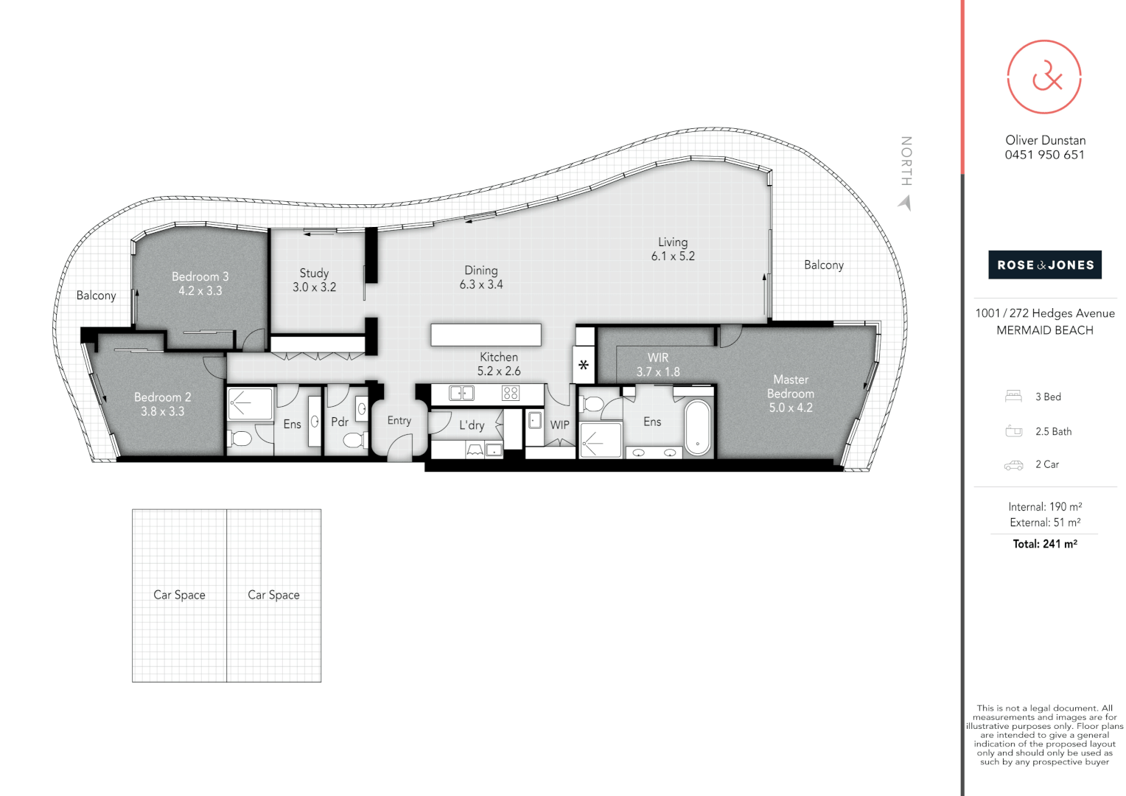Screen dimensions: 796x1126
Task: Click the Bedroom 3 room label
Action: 200,277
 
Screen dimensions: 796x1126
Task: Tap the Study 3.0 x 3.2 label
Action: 314,280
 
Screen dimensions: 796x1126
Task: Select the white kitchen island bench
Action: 486,335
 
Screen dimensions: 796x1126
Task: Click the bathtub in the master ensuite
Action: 697,427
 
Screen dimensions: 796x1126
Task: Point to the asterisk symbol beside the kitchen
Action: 584,365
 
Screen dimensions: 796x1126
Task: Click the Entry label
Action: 399,421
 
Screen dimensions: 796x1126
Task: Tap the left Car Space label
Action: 179,595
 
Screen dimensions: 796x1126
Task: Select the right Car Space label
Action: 273,595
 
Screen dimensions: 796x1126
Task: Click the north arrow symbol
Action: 906,202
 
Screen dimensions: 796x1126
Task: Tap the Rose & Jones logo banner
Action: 1044,265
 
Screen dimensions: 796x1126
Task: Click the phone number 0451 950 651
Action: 1044,155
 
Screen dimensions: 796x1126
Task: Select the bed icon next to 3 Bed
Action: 1013,397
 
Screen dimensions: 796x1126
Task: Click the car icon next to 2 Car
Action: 1013,465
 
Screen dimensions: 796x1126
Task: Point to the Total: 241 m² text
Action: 1044,544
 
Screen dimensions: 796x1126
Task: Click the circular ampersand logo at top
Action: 1044,77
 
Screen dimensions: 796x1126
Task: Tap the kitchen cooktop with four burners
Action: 511,394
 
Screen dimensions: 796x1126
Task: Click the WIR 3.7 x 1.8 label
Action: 658,365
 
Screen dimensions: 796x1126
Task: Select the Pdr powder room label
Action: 340,422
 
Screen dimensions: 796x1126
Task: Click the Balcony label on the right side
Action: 823,265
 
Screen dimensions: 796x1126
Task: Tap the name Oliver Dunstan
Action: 1045,140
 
